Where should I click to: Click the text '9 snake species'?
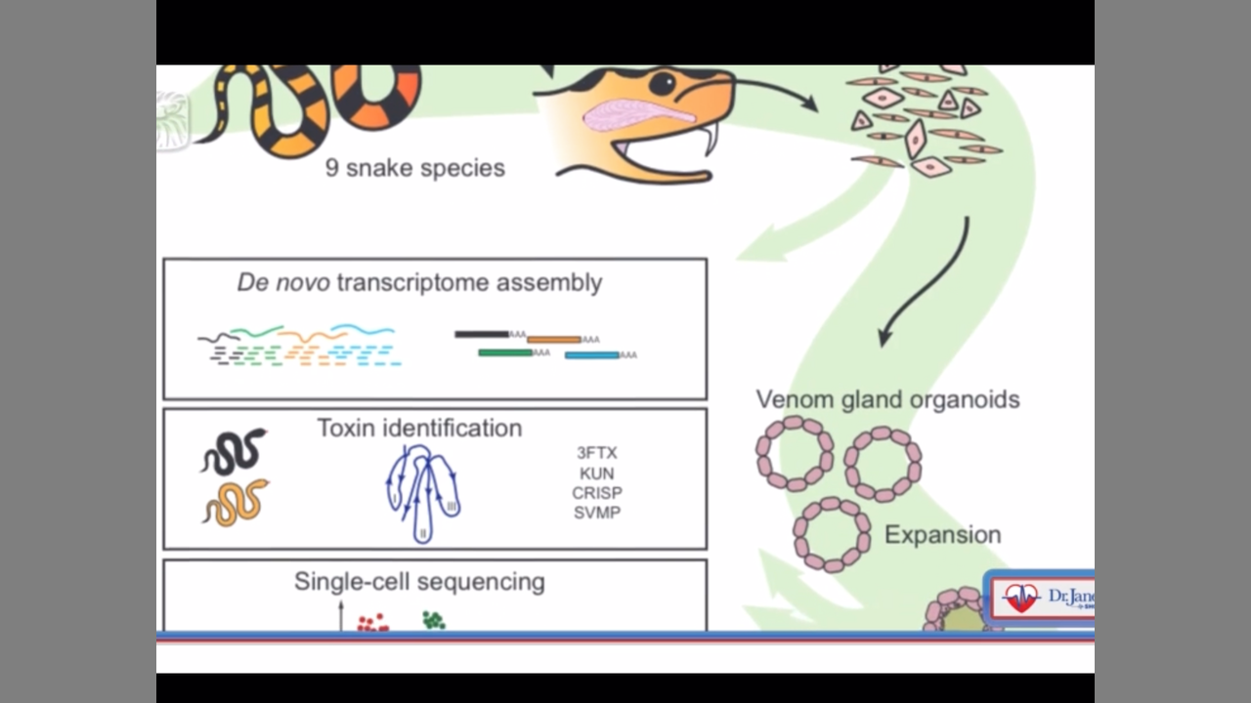pos(415,168)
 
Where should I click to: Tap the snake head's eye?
pos(664,82)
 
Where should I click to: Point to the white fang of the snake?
pos(711,139)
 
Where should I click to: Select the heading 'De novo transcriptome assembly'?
pos(419,283)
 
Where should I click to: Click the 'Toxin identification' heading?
pos(419,428)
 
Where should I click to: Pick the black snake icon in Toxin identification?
pos(234,451)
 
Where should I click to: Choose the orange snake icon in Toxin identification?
pos(235,502)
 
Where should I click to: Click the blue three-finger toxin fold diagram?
pos(422,493)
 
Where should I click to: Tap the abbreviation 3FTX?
pos(597,453)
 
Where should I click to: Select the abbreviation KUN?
pos(597,474)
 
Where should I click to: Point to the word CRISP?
pos(597,493)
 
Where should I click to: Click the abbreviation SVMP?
pos(597,513)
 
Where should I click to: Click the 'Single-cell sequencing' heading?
pos(419,582)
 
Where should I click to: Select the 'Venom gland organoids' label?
pos(887,399)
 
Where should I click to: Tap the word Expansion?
pos(942,535)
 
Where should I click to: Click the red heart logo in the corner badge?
pos(1021,598)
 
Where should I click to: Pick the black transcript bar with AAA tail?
pos(482,334)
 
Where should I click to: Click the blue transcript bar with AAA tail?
pos(592,355)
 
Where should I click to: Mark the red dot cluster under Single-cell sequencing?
pos(372,622)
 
